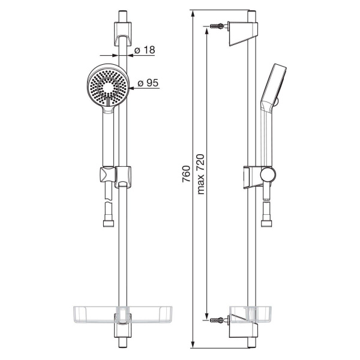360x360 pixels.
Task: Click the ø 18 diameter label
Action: pos(145,50)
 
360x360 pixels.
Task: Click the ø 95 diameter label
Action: pos(148,83)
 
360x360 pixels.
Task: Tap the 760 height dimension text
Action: pos(186,174)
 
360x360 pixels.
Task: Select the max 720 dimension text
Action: pos(200,174)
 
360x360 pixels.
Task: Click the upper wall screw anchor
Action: pos(217,25)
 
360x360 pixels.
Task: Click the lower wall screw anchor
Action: pos(217,320)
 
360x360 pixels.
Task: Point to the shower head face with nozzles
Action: pos(107,87)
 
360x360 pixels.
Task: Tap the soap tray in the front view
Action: pos(122,314)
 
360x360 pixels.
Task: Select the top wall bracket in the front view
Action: pos(123,34)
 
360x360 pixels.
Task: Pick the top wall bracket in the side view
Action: pos(243,34)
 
